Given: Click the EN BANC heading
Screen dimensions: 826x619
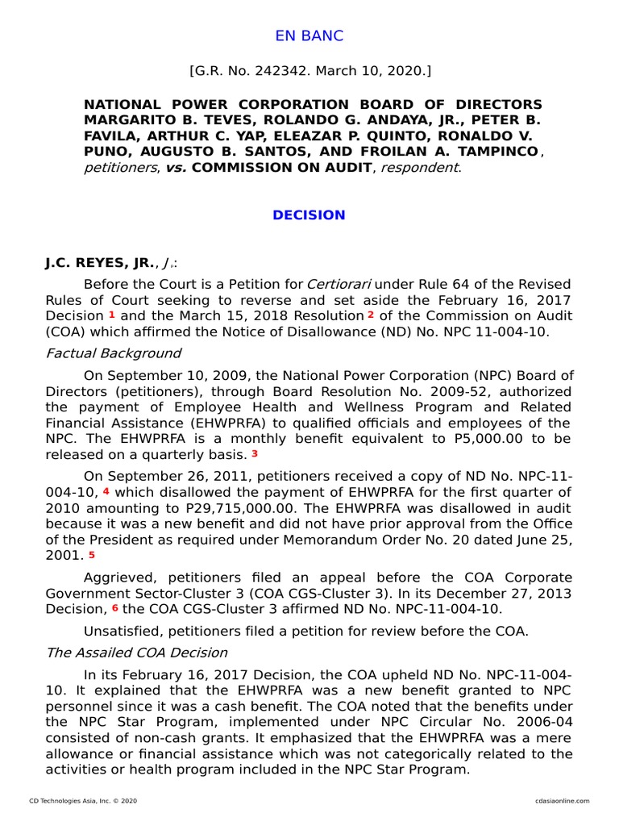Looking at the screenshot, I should (x=309, y=35).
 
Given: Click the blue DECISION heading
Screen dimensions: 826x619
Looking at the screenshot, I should (x=309, y=215).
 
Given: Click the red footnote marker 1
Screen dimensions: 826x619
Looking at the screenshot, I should (x=112, y=314).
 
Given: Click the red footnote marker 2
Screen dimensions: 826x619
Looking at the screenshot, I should (x=371, y=314).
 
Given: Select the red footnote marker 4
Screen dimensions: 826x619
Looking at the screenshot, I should (x=106, y=490).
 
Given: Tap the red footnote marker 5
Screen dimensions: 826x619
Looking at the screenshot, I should (x=92, y=554).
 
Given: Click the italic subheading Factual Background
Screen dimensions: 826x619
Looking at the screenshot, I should (x=113, y=353).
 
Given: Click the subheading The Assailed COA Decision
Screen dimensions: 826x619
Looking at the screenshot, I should (x=136, y=652).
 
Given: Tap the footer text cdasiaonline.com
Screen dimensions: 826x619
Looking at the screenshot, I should (x=562, y=800).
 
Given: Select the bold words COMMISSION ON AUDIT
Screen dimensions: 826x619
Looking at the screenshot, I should (x=282, y=168).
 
